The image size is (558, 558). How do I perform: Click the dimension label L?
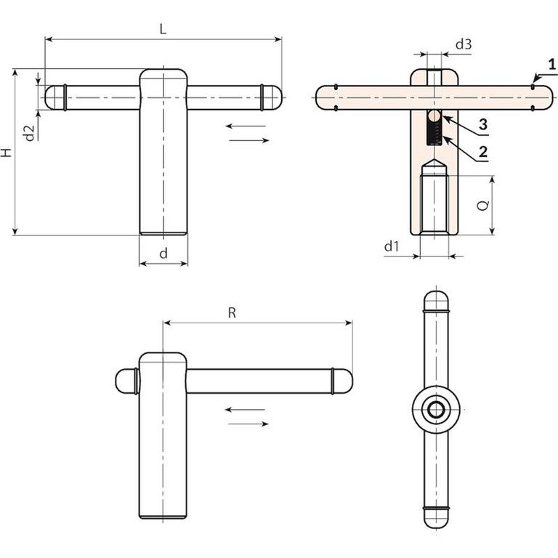(x=163, y=29)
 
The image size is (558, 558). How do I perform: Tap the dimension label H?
(x=7, y=153)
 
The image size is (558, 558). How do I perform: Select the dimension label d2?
(x=29, y=132)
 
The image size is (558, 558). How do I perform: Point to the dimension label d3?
(x=464, y=44)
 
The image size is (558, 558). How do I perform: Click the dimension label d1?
(x=392, y=246)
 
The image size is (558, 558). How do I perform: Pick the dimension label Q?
(x=483, y=206)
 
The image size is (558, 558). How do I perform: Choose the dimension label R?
(x=232, y=313)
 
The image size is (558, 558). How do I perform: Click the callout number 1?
(x=552, y=65)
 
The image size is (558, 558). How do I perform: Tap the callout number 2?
(x=483, y=152)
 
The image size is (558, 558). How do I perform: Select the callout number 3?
(x=483, y=124)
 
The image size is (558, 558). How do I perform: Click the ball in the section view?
(x=434, y=116)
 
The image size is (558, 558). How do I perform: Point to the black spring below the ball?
(x=434, y=133)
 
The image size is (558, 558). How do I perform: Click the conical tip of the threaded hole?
(x=434, y=167)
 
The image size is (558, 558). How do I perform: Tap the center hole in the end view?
(x=436, y=410)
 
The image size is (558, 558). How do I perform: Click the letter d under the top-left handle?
(x=163, y=254)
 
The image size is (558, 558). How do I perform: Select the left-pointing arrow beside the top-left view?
(x=246, y=126)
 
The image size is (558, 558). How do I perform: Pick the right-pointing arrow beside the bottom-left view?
(x=248, y=424)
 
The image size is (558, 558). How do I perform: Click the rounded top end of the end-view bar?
(x=436, y=301)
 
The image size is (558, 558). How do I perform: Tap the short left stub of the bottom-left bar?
(x=125, y=381)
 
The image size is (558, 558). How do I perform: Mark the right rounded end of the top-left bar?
(x=272, y=97)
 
